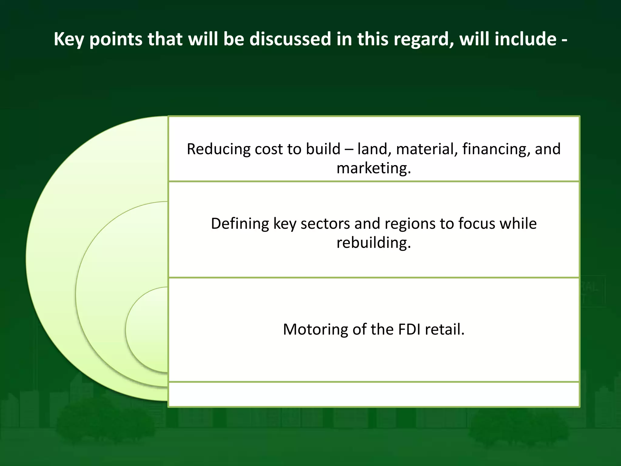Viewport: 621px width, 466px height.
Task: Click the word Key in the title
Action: tap(68, 39)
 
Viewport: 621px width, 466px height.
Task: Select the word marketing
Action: tap(374, 168)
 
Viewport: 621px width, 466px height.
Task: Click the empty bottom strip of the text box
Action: tap(374, 394)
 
